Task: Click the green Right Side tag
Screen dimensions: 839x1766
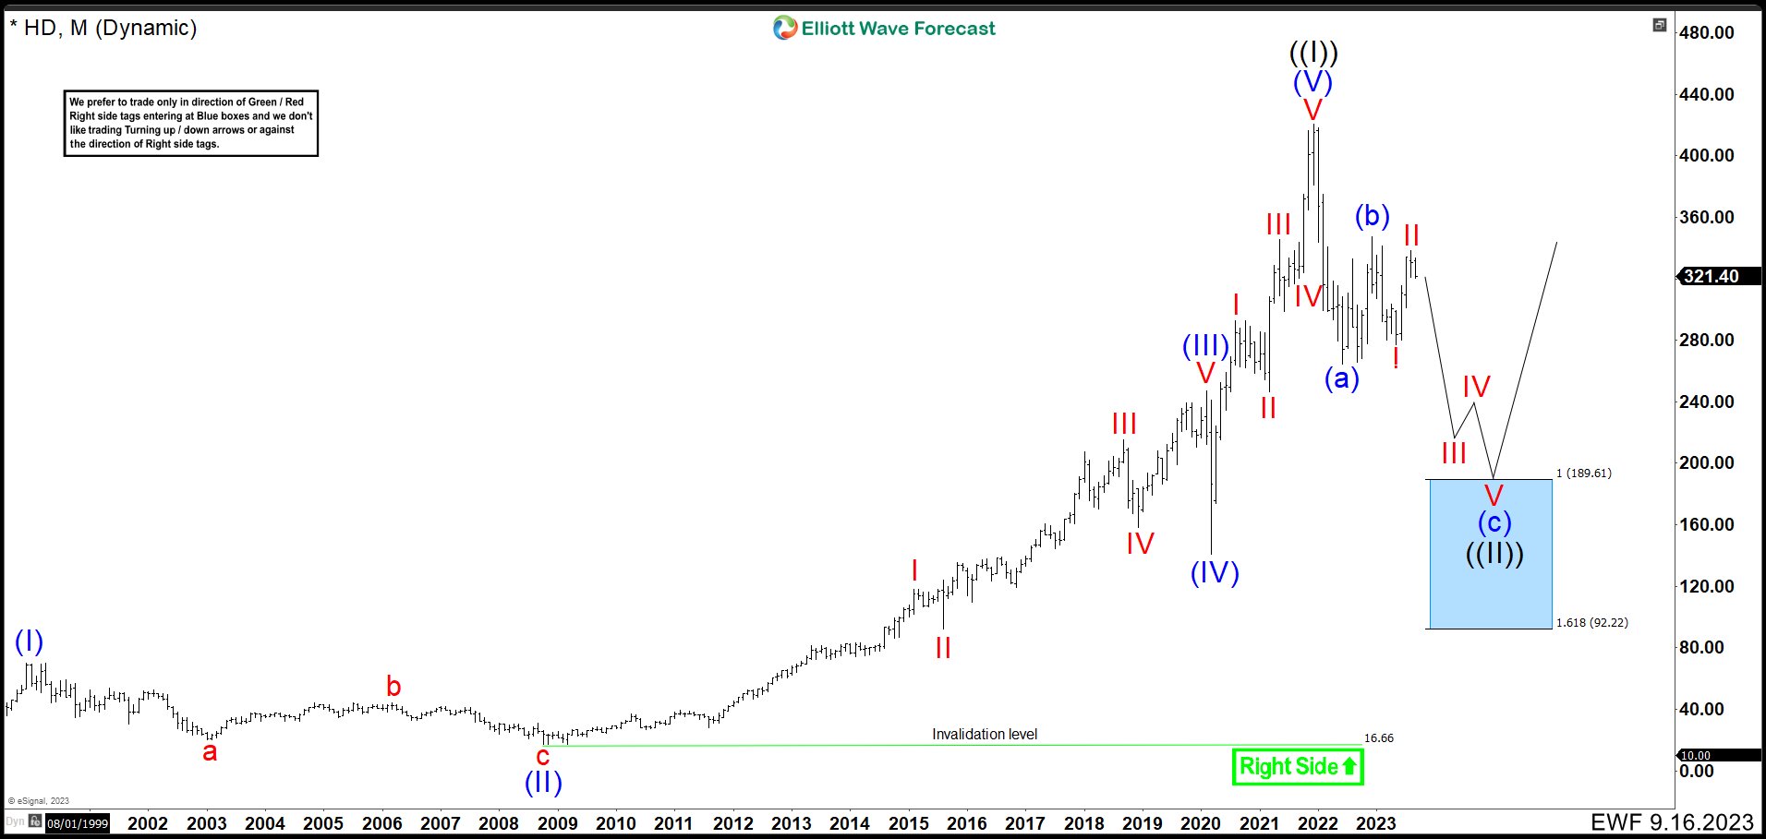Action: coord(1298,767)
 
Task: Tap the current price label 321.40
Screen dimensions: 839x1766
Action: coord(1711,276)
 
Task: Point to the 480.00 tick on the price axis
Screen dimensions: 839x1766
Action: coord(1706,32)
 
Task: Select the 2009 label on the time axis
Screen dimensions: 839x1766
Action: coord(557,823)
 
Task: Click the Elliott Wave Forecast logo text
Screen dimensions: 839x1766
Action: coord(898,29)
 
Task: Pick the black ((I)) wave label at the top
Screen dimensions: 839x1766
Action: coord(1312,53)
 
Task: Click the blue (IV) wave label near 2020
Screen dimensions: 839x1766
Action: coord(1215,573)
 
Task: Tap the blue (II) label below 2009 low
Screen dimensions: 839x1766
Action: coord(543,783)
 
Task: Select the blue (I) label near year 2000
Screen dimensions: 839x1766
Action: coord(29,641)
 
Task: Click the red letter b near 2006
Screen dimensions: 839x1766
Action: coord(393,687)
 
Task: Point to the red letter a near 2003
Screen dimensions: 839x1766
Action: coord(210,752)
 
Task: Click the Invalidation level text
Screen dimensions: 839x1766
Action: coord(984,735)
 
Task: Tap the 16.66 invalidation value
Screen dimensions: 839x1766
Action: coord(1378,738)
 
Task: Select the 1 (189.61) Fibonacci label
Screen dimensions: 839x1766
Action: coord(1583,473)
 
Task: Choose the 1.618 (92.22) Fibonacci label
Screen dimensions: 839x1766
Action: coord(1591,623)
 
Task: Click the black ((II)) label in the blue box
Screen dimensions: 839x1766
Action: coord(1494,554)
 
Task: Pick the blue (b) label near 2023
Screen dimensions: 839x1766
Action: coord(1372,216)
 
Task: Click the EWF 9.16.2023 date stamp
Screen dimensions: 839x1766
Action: coord(1672,822)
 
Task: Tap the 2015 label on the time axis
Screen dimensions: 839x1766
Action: coord(908,823)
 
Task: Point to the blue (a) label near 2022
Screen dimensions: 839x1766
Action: coord(1341,378)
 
